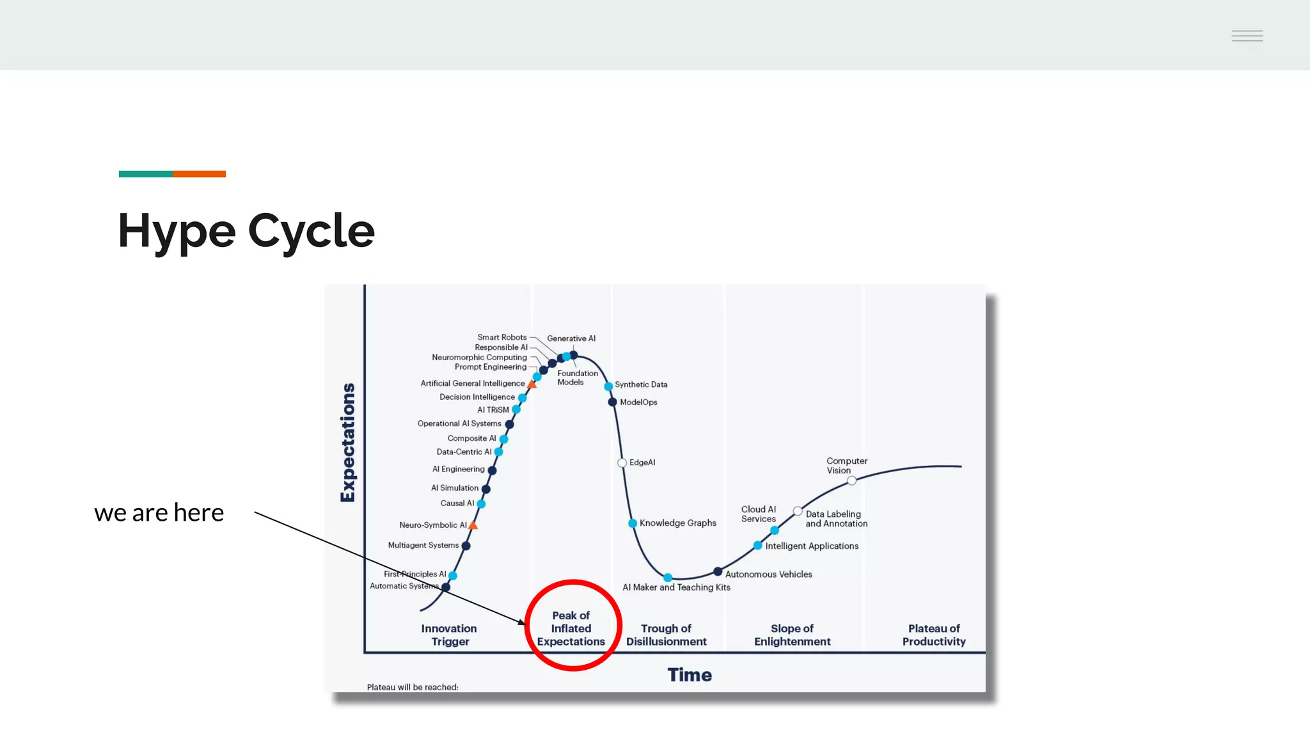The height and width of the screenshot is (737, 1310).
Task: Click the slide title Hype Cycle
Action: [x=246, y=231]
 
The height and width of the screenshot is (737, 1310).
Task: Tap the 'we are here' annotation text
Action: [x=159, y=513]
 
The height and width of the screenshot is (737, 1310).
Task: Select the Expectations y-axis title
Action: [x=348, y=443]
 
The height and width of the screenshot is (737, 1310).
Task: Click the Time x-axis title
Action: [x=689, y=675]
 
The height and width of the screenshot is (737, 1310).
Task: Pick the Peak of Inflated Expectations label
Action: [x=571, y=628]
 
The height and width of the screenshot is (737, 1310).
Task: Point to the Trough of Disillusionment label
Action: [x=666, y=635]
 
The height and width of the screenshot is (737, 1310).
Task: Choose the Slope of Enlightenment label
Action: [x=792, y=635]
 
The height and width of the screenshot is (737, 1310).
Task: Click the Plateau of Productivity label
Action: [x=934, y=635]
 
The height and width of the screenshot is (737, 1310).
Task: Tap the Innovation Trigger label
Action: [x=449, y=635]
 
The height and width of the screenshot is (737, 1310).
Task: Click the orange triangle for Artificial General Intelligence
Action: [x=532, y=384]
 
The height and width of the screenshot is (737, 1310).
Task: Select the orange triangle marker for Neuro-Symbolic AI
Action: [x=473, y=525]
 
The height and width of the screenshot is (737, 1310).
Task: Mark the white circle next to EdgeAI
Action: [x=622, y=463]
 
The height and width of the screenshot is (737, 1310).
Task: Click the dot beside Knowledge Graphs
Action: [x=633, y=523]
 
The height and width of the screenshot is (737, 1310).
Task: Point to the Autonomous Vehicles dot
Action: [x=718, y=571]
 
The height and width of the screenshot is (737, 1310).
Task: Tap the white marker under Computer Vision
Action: [x=851, y=480]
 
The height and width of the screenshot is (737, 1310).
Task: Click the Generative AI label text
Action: [x=571, y=338]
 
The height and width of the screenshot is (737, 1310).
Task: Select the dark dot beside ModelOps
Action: [x=612, y=402]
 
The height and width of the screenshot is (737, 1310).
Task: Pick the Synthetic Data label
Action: [x=641, y=384]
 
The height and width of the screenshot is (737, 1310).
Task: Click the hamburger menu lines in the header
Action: [x=1247, y=36]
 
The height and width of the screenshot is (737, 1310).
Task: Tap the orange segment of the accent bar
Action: [x=199, y=174]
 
